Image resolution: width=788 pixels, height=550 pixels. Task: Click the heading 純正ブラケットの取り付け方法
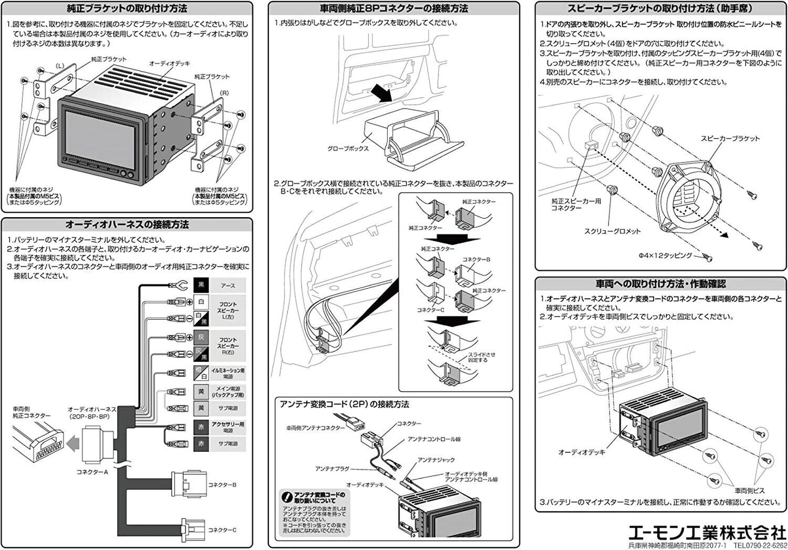(126, 9)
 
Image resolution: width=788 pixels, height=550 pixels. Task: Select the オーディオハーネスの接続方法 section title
(127, 224)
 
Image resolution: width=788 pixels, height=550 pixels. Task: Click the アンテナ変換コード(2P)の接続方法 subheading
(344, 404)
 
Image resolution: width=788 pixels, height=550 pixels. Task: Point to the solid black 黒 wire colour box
(201, 285)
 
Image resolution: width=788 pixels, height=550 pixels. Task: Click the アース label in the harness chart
(228, 285)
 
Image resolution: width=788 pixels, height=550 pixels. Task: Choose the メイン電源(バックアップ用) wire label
(228, 391)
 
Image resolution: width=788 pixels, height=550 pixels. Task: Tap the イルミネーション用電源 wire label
(228, 373)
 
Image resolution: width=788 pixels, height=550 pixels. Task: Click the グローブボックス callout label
(348, 148)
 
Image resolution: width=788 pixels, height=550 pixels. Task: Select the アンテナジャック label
(436, 460)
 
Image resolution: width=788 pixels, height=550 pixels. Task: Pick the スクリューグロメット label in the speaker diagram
(612, 231)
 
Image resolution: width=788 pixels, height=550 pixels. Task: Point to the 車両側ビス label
(749, 491)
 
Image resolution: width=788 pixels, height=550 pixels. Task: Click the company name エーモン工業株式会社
(707, 532)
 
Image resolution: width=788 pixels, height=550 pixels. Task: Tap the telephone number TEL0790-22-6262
(760, 545)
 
